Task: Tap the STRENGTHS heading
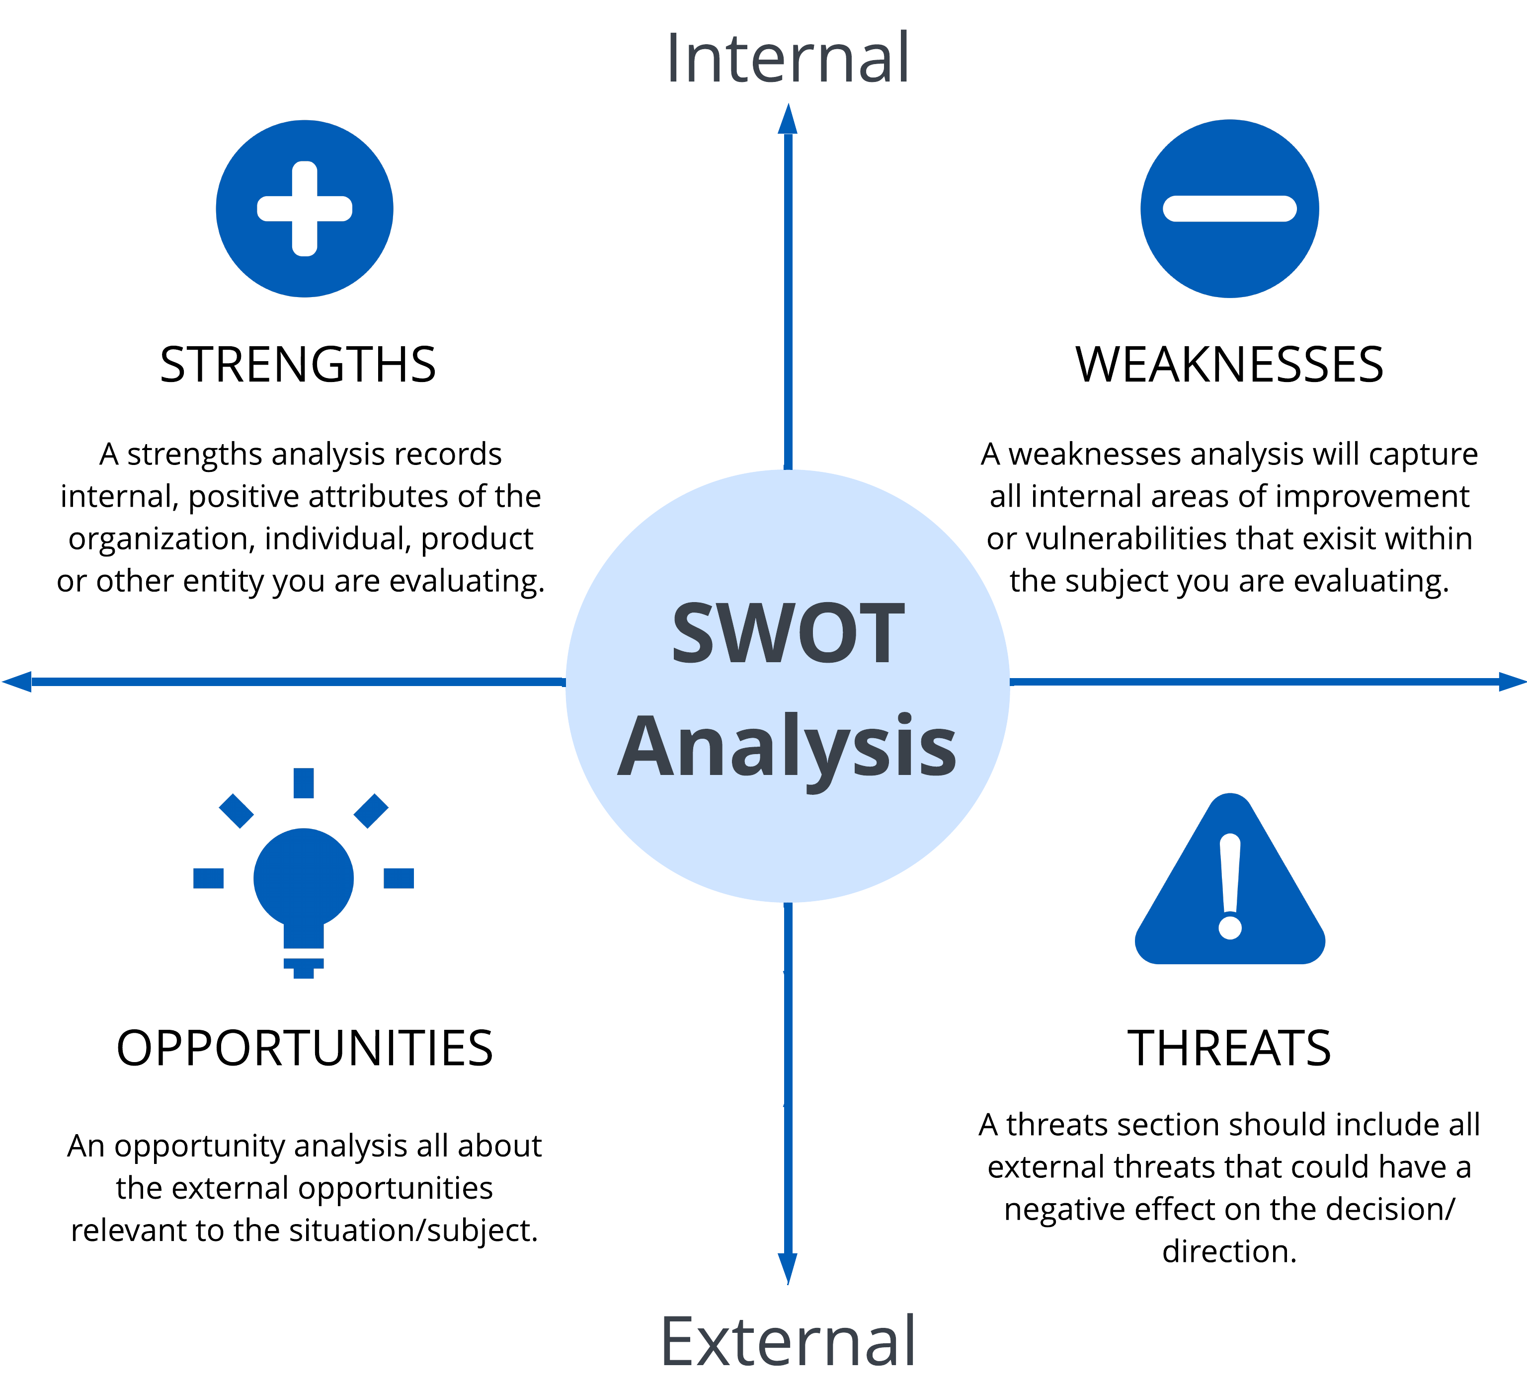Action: [x=298, y=365]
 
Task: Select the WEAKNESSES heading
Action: [x=1229, y=365]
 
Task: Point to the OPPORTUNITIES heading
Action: [x=305, y=1049]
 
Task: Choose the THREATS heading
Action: [x=1229, y=1049]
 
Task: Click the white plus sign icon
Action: [x=305, y=208]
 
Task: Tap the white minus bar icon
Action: [x=1229, y=208]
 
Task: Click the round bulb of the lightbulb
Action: [x=304, y=879]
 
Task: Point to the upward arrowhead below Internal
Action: [x=788, y=119]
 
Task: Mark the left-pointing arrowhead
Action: [x=17, y=682]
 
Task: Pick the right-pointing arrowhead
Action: [x=1513, y=682]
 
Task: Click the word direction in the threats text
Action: [x=1225, y=1252]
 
